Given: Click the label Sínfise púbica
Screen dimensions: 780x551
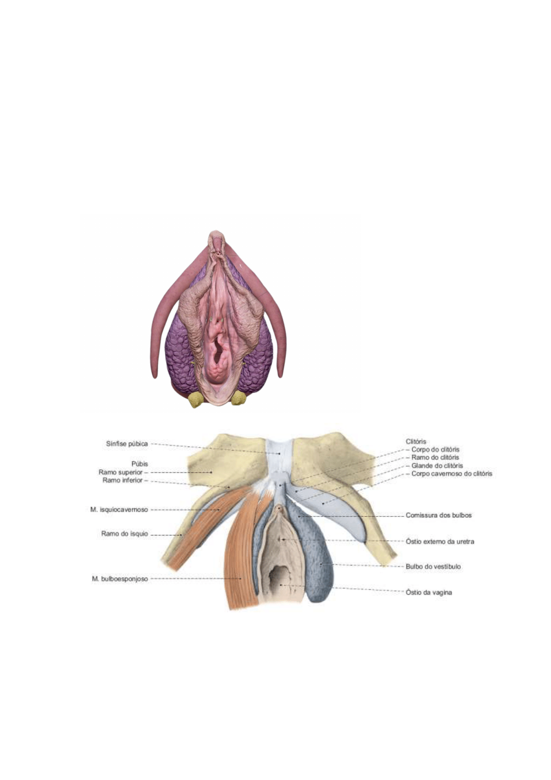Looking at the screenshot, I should pos(127,444).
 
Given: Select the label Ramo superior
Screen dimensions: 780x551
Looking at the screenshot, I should pos(120,472).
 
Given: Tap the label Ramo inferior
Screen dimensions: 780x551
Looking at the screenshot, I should pos(122,480).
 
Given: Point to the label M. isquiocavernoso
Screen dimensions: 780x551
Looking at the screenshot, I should pos(119,510).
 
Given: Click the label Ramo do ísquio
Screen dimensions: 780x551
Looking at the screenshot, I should pos(124,534).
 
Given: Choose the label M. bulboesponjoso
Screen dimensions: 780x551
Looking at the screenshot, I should pos(120,579).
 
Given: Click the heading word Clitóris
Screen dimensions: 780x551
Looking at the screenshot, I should pos(415,441).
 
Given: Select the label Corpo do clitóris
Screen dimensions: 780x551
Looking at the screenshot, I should pos(435,449).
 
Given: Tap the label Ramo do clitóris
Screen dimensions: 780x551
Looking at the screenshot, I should pos(435,457).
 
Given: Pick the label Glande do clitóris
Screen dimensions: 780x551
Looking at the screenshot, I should pos(437,465).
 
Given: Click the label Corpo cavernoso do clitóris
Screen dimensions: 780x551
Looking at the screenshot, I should pos(452,474).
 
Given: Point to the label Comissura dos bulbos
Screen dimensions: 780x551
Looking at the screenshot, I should pos(439,515).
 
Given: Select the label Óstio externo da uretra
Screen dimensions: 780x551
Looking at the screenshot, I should pos(440,541).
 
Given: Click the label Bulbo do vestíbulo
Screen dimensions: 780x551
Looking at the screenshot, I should pos(433,566).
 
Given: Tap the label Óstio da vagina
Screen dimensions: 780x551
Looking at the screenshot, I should pos(428,592).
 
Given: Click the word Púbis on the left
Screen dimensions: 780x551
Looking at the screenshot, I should pos(140,464).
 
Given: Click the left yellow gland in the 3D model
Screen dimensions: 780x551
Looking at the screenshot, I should pos(197,399).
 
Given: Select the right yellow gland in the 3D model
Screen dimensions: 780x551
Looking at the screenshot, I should pos(238,397).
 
